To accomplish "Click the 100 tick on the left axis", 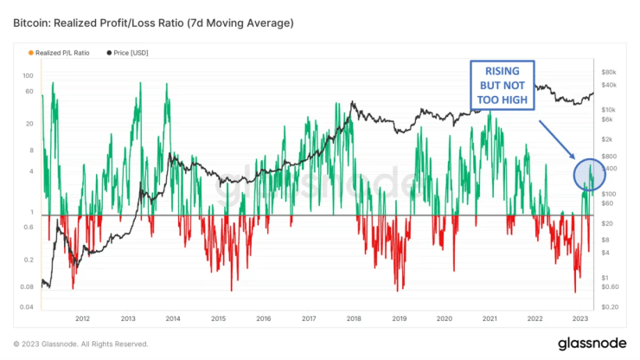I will pos(29,76).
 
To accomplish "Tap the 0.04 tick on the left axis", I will pos(28,307).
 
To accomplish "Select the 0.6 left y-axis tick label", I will pos(29,228).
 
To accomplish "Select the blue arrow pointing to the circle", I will pos(558,138).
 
